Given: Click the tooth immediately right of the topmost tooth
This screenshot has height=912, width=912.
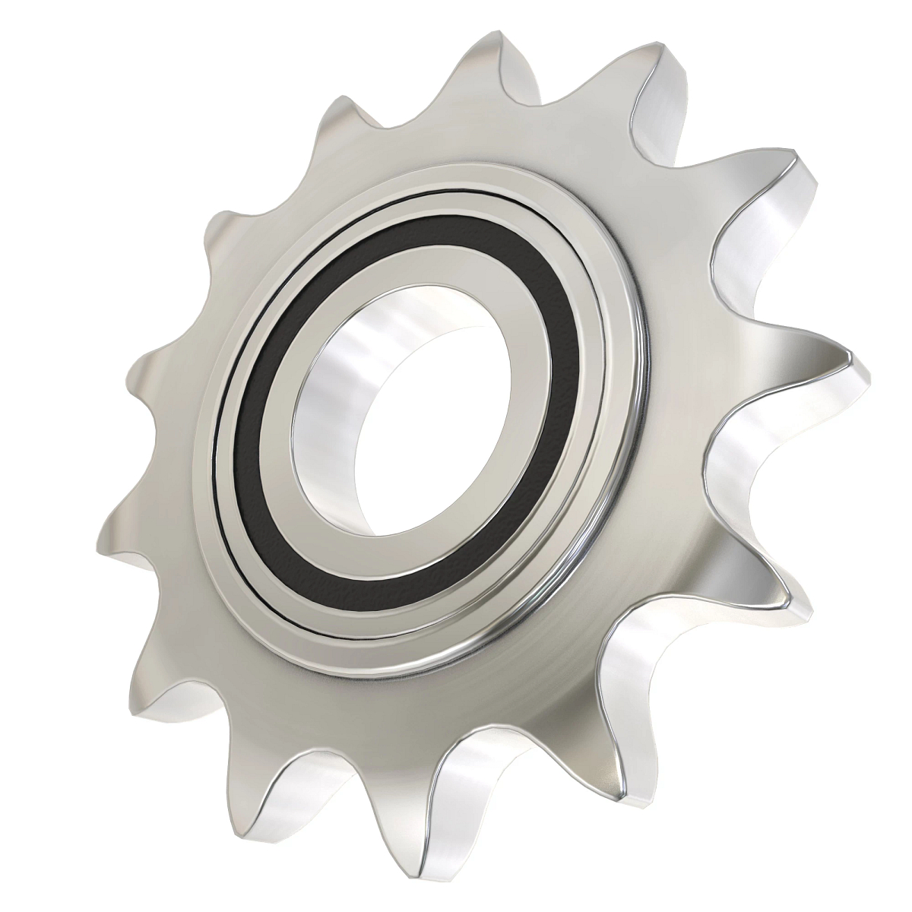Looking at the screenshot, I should point(654,76).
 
